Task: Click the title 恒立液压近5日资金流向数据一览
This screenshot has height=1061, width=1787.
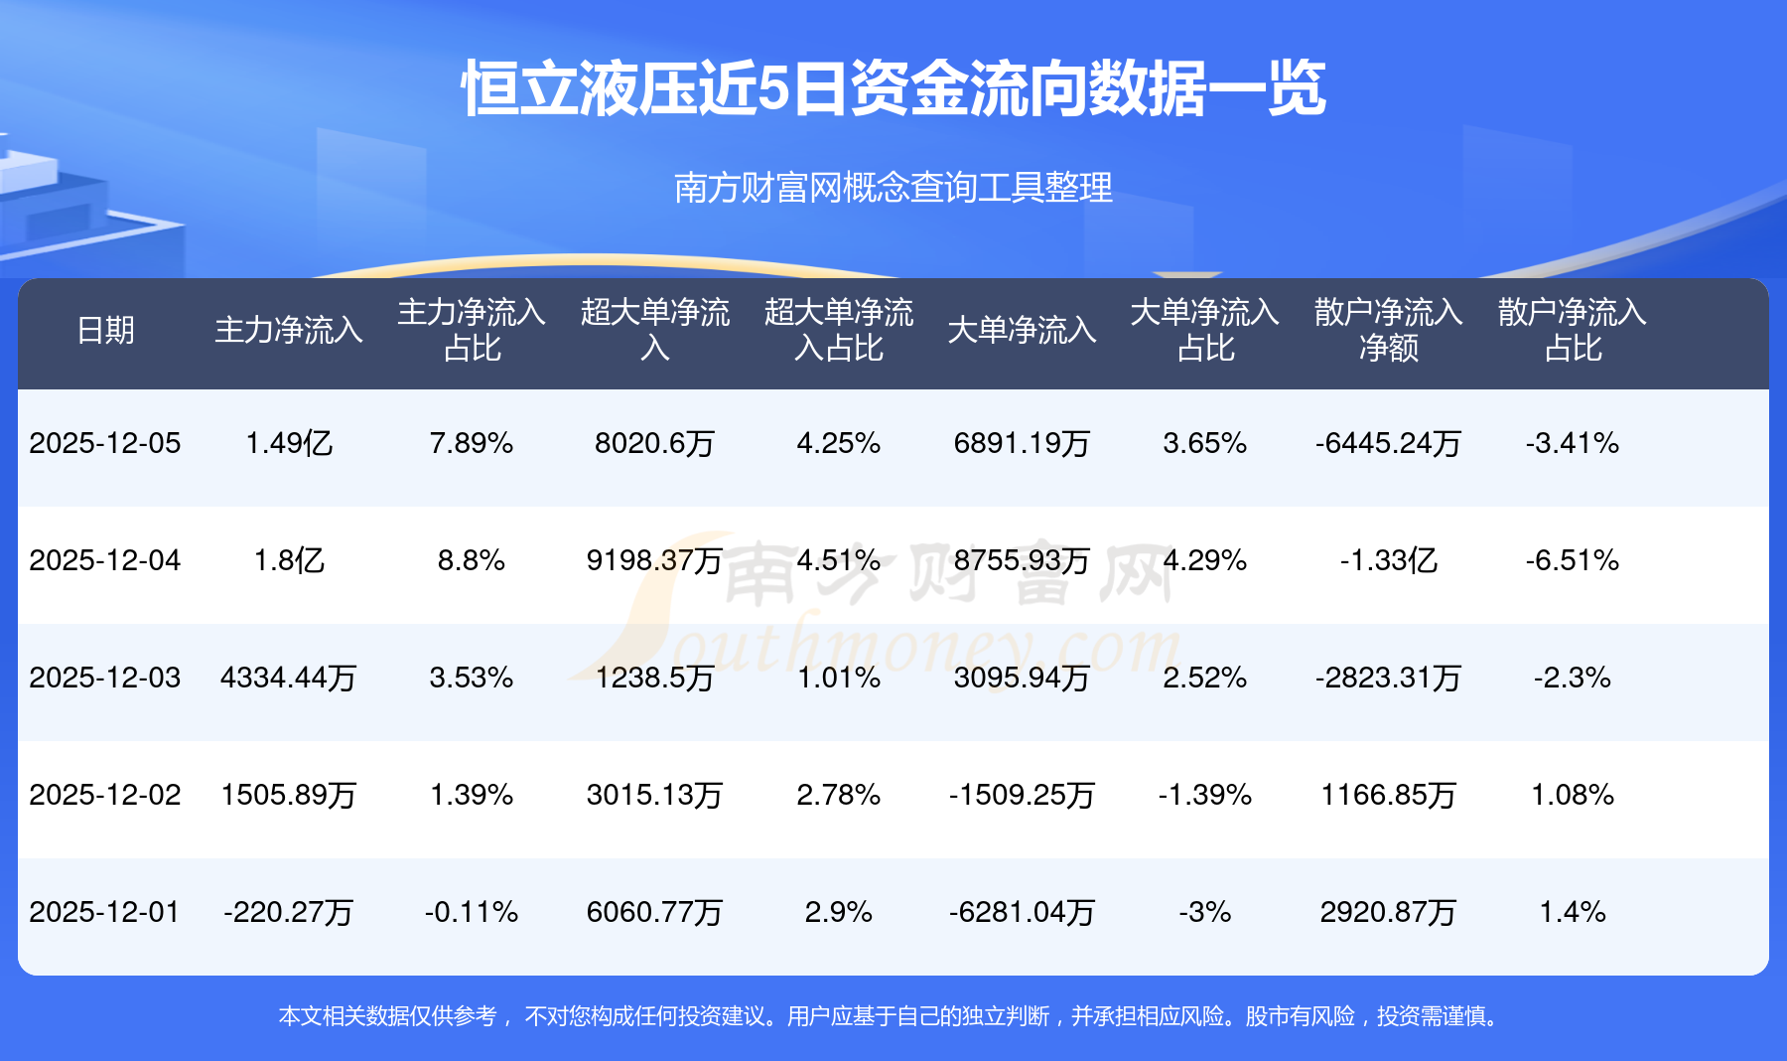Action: pyautogui.click(x=893, y=89)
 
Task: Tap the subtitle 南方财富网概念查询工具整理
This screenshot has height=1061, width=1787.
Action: pyautogui.click(x=893, y=188)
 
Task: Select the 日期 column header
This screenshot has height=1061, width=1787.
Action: pyautogui.click(x=105, y=330)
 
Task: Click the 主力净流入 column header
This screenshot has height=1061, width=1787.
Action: pyautogui.click(x=288, y=330)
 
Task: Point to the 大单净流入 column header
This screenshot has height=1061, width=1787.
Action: pyautogui.click(x=1022, y=330)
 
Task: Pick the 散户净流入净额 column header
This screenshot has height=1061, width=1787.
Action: pyautogui.click(x=1388, y=330)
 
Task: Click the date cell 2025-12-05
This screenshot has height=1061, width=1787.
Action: pyautogui.click(x=105, y=443)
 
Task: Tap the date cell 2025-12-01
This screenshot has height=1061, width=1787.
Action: pyautogui.click(x=105, y=912)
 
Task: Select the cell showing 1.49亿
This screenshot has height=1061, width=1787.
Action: pyautogui.click(x=288, y=443)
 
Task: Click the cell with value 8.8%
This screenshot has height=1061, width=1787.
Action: pyautogui.click(x=472, y=560)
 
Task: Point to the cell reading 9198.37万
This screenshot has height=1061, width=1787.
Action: pyautogui.click(x=654, y=560)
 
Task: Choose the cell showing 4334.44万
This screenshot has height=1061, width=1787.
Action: pyautogui.click(x=288, y=678)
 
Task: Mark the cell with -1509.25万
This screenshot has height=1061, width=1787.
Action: pyautogui.click(x=1022, y=795)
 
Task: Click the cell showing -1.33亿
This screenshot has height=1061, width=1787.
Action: pyautogui.click(x=1388, y=560)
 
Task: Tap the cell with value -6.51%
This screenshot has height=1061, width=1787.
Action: pyautogui.click(x=1573, y=560)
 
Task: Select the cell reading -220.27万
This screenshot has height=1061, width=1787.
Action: pyautogui.click(x=288, y=912)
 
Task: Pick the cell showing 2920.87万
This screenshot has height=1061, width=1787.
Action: pyautogui.click(x=1388, y=912)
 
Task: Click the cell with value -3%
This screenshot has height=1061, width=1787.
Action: pyautogui.click(x=1205, y=912)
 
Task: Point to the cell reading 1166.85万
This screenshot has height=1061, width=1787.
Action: pyautogui.click(x=1388, y=795)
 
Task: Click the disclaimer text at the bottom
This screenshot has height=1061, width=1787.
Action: pyautogui.click(x=891, y=1016)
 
